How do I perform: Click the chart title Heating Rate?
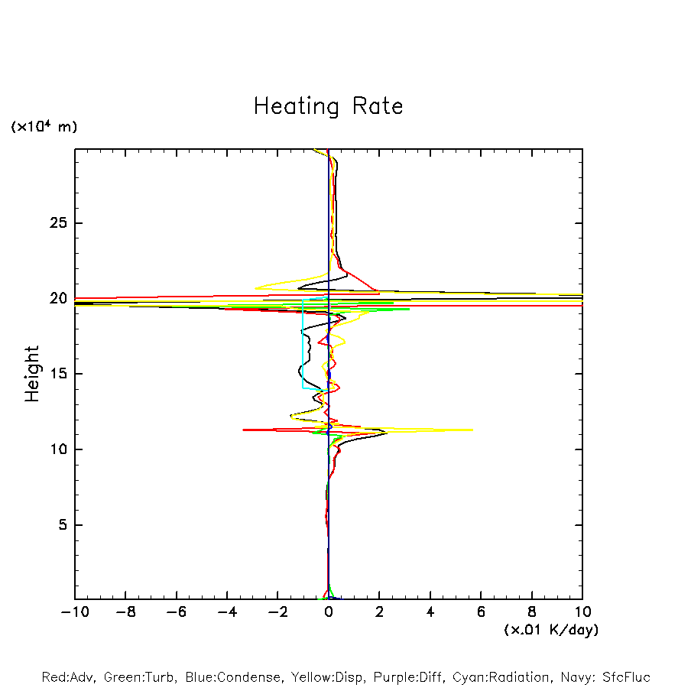tap(328, 105)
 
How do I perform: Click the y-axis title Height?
tap(32, 374)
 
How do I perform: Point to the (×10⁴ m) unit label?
tap(44, 127)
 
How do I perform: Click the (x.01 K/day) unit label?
tap(550, 630)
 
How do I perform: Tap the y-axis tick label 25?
tap(58, 223)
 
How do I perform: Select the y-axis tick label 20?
tap(58, 299)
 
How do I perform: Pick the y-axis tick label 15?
tap(58, 374)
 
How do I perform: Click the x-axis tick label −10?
tap(74, 612)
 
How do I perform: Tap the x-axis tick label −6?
tap(176, 612)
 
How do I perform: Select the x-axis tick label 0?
tap(329, 612)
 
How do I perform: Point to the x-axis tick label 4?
tap(430, 612)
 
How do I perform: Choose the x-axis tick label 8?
tap(532, 612)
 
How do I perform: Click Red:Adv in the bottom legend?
tap(69, 677)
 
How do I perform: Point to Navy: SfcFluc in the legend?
tap(606, 677)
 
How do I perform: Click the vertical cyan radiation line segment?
tap(303, 344)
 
